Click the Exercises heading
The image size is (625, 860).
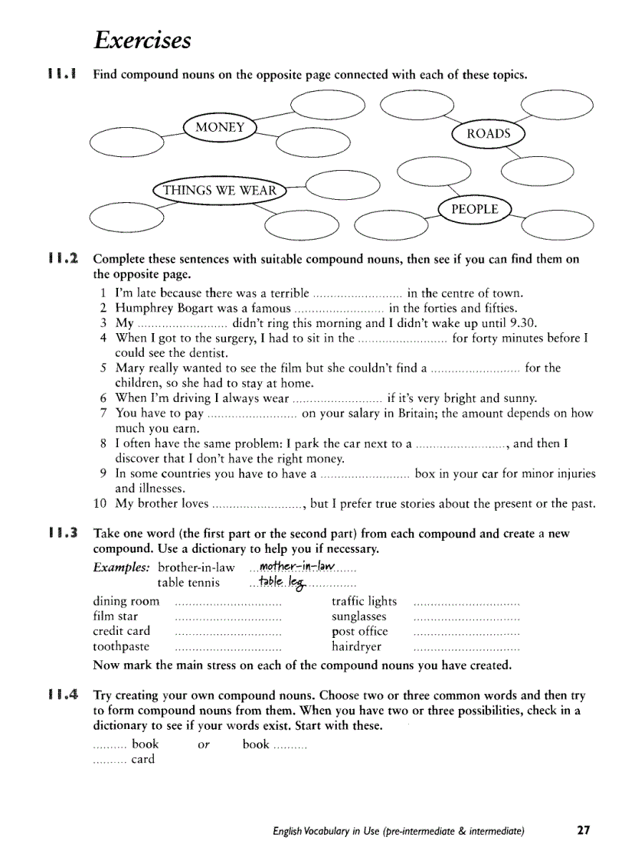click(x=142, y=40)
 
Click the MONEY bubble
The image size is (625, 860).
click(x=220, y=128)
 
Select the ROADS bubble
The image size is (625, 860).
click(x=488, y=134)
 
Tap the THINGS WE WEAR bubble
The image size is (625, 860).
click(x=218, y=190)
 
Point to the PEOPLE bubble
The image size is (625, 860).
click(x=474, y=209)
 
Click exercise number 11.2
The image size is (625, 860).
click(x=63, y=260)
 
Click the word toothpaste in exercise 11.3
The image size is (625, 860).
click(x=121, y=646)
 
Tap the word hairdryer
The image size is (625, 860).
click(x=356, y=646)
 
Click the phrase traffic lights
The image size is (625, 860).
click(x=364, y=601)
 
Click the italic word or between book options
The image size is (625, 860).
click(x=204, y=744)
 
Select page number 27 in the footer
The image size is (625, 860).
click(x=584, y=830)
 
